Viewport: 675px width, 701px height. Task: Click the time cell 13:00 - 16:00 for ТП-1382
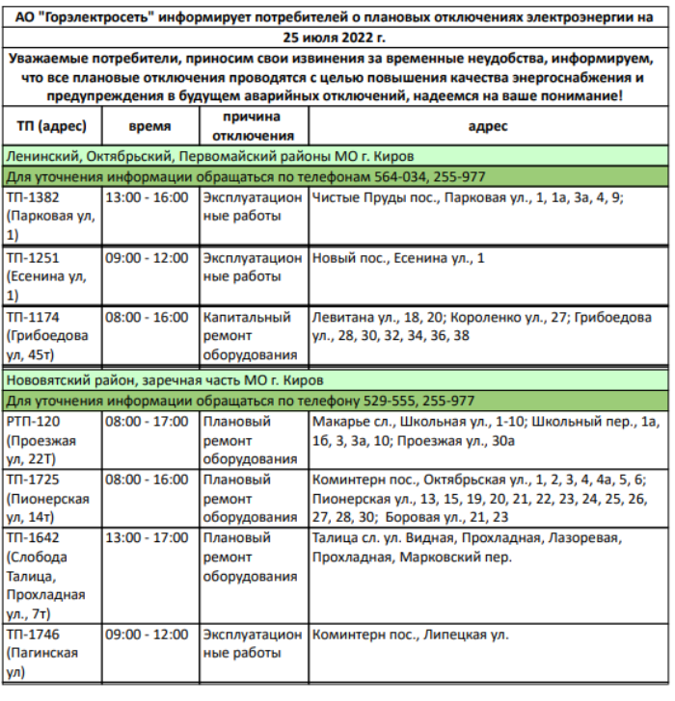(x=147, y=197)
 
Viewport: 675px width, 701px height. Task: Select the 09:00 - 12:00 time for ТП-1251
(x=147, y=258)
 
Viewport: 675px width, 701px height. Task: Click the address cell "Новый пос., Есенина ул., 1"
(x=397, y=258)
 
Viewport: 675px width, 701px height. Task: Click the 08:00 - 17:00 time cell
(x=147, y=421)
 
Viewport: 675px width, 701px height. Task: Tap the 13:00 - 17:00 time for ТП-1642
(x=147, y=536)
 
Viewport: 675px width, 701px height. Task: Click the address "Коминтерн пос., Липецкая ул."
(x=411, y=635)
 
